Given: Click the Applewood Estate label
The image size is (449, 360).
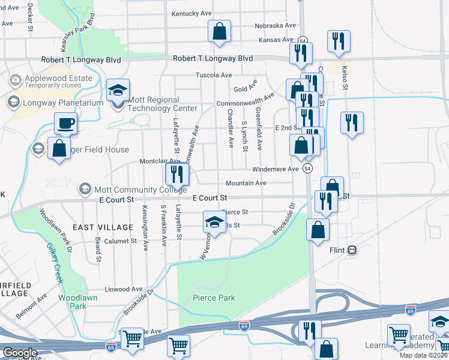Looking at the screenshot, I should [58, 79].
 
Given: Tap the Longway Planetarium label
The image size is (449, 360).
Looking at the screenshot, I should [62, 102].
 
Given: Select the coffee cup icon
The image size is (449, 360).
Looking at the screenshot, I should [66, 123].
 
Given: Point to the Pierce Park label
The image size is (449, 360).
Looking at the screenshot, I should [214, 298].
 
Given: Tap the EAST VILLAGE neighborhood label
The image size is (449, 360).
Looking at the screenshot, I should [103, 227].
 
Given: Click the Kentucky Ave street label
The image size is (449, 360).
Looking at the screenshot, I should [191, 13].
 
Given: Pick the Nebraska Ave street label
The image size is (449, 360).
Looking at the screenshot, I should [276, 26].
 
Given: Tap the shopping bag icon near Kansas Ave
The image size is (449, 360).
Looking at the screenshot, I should [219, 31].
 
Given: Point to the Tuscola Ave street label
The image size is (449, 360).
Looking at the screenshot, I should [214, 75].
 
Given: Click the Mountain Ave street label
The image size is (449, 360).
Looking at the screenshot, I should [246, 183].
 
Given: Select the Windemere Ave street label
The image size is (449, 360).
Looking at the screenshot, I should [275, 169].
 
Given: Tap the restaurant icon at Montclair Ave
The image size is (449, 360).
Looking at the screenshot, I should [177, 175].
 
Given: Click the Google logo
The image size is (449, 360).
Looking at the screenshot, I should [20, 353].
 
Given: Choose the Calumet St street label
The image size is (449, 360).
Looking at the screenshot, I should [121, 241].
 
